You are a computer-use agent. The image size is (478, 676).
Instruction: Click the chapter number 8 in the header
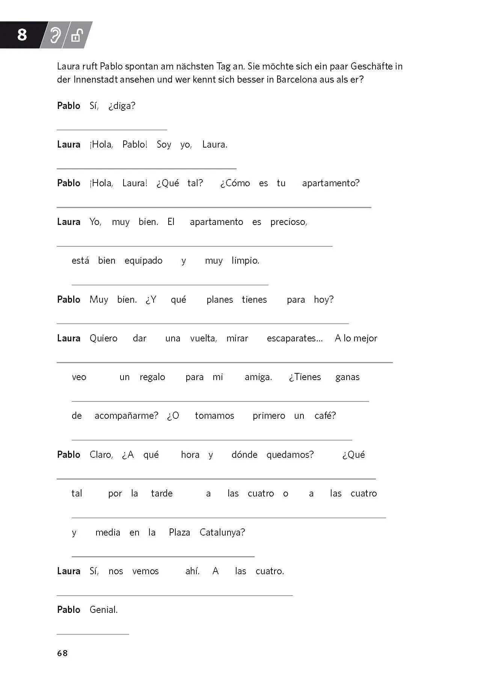click(22, 35)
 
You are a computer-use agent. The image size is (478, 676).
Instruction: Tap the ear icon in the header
click(56, 35)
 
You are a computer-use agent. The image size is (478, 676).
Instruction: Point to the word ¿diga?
click(122, 106)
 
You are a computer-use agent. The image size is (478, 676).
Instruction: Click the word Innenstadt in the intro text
click(95, 80)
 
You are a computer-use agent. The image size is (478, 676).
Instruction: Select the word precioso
click(288, 222)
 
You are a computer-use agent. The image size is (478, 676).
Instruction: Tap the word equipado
click(143, 261)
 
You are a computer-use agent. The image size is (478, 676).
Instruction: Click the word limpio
click(245, 261)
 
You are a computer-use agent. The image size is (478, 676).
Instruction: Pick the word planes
click(220, 300)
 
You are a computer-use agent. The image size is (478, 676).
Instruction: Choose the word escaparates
click(294, 338)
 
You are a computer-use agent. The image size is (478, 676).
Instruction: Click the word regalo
click(152, 377)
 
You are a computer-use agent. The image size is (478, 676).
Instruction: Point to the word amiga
click(258, 377)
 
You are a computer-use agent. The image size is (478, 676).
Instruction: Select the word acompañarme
click(126, 416)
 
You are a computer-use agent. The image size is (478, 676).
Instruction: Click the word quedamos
click(290, 455)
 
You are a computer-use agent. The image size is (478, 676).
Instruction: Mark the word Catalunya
click(222, 533)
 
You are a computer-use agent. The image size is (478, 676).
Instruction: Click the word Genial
click(104, 610)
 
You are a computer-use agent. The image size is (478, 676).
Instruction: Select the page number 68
click(62, 653)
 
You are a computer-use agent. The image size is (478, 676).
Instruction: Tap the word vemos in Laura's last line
click(145, 571)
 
